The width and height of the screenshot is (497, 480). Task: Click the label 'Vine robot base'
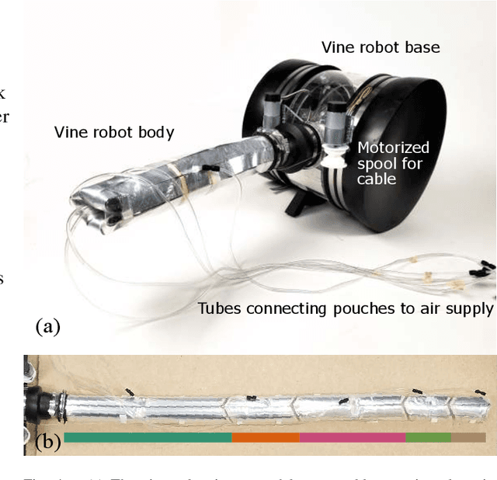tap(381, 47)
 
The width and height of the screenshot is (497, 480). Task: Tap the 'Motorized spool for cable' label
tap(393, 163)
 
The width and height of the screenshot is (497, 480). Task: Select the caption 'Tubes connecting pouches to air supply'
tap(345, 308)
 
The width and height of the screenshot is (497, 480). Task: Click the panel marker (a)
tap(47, 327)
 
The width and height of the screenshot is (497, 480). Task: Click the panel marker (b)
tap(48, 443)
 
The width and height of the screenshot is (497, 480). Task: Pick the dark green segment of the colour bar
tap(148, 438)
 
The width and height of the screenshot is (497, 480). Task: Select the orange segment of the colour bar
tap(266, 438)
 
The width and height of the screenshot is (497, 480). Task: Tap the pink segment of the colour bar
tap(352, 438)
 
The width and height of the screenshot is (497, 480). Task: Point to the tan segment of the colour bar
tap(468, 438)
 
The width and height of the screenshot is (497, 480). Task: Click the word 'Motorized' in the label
tap(393, 148)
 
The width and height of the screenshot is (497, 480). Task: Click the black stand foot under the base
tap(297, 203)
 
